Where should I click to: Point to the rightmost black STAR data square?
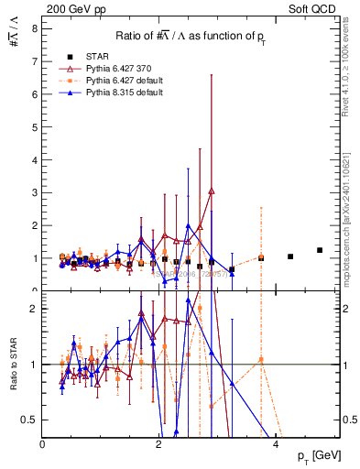pyautogui.click(x=320, y=250)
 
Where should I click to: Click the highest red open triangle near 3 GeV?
pyautogui.click(x=212, y=191)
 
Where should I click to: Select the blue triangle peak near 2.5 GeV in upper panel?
pyautogui.click(x=188, y=225)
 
